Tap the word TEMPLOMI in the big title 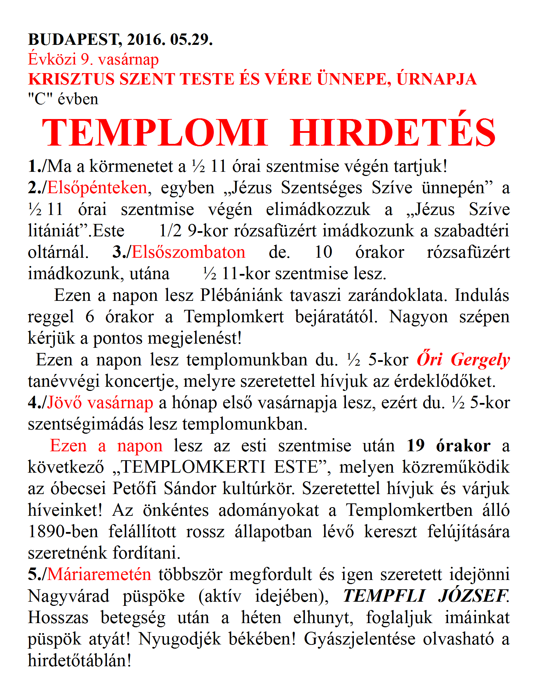(155, 133)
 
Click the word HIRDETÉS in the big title (392, 133)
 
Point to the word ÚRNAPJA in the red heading (437, 79)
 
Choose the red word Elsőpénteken (97, 188)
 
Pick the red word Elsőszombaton (188, 252)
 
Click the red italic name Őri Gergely (463, 360)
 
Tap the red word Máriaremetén (99, 574)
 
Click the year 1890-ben (63, 531)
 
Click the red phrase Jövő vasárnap (100, 403)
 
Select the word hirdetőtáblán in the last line (79, 660)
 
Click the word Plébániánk (241, 295)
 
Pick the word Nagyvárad (68, 596)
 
